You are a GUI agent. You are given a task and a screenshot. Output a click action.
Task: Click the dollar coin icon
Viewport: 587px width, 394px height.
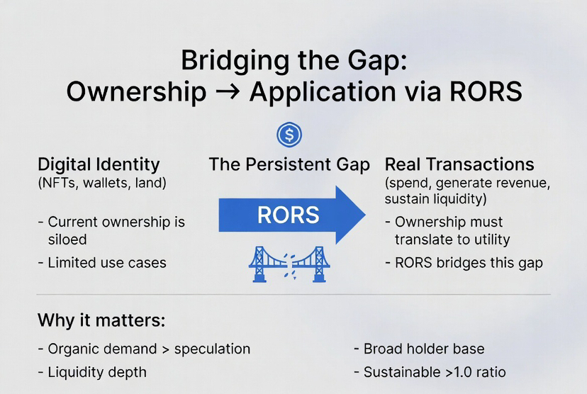click(289, 133)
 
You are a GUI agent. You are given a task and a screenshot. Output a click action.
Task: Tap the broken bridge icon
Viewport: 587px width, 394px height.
click(289, 263)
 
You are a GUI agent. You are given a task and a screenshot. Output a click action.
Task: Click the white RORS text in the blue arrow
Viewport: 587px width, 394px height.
click(288, 214)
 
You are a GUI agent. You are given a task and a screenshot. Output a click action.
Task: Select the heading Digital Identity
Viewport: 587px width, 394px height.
click(99, 164)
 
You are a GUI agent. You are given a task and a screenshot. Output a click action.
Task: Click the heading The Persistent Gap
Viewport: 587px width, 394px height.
click(289, 164)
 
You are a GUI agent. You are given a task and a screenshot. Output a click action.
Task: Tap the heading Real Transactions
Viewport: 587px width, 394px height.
click(459, 164)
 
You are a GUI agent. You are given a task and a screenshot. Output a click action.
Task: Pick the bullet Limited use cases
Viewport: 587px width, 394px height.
click(106, 262)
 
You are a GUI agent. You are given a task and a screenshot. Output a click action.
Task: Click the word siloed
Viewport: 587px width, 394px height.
click(67, 240)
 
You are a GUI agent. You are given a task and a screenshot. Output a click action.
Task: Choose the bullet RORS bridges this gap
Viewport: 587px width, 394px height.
click(468, 262)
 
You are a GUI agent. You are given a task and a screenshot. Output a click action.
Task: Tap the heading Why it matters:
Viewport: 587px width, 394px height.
click(101, 320)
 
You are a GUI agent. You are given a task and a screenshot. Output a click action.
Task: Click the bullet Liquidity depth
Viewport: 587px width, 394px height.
click(96, 372)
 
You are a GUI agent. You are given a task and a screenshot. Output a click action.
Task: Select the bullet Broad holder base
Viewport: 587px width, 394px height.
click(424, 349)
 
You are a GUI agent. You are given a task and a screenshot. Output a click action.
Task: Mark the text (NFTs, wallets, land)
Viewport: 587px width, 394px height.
click(101, 184)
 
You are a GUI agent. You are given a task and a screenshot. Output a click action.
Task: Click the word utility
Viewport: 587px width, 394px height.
click(486, 240)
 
